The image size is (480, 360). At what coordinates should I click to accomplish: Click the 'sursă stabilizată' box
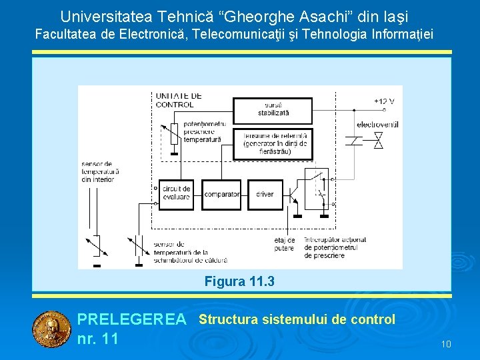tap(272, 110)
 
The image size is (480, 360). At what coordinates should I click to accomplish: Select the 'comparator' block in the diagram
tap(221, 194)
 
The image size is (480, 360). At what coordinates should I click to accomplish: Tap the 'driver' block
tap(265, 194)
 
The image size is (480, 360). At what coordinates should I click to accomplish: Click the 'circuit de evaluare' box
tap(175, 193)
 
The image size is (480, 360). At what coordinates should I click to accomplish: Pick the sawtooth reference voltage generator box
tap(272, 143)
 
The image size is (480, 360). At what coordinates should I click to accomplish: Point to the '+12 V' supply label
tap(384, 101)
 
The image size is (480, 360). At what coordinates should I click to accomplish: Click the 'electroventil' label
tap(377, 125)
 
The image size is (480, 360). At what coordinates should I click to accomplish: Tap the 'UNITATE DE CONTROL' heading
tap(178, 100)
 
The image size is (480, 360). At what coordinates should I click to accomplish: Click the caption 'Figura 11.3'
tap(239, 281)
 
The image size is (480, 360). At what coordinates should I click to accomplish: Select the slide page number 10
tap(446, 344)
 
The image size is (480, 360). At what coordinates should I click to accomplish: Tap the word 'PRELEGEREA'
tap(131, 320)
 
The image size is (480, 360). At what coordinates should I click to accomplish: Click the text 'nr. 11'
tap(97, 339)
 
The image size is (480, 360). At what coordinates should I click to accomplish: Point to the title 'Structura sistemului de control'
tap(297, 319)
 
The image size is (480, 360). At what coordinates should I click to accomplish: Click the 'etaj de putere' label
tap(284, 244)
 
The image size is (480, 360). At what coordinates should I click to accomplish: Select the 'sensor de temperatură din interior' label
tap(100, 171)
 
